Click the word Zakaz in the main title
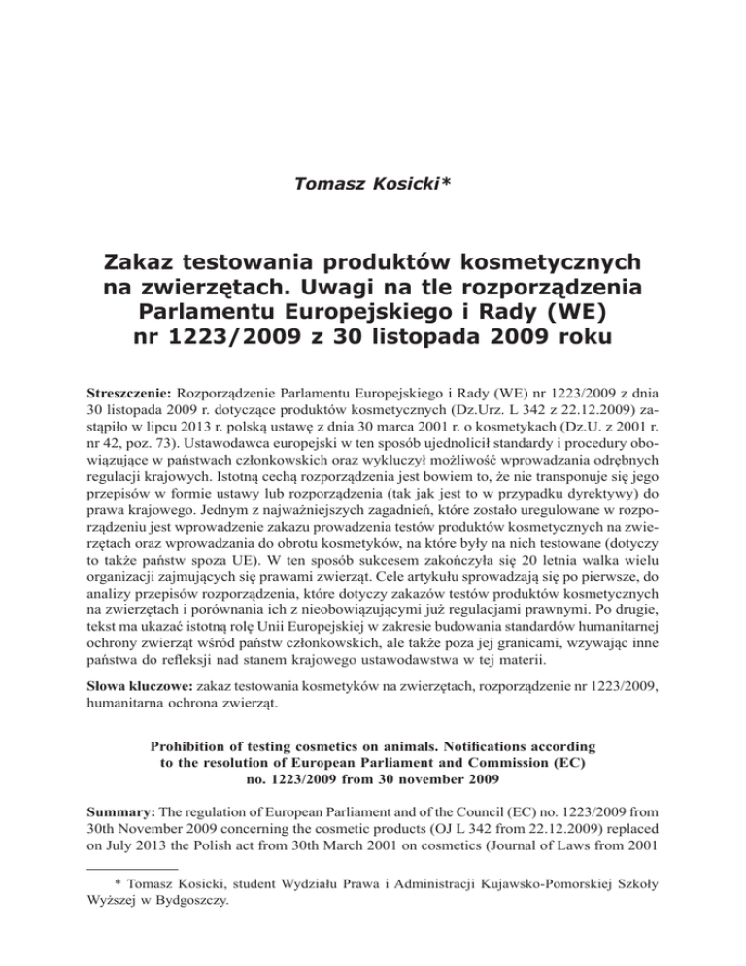coord(154,261)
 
